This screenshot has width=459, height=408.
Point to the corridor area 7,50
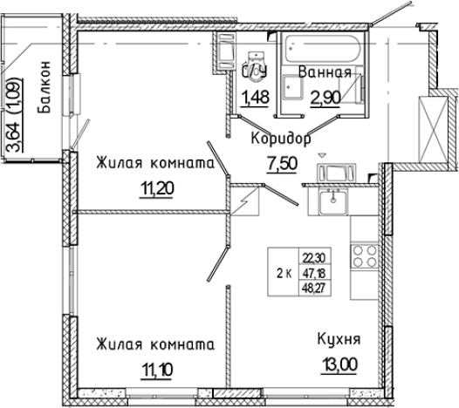click(280, 164)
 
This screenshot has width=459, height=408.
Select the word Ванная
click(325, 73)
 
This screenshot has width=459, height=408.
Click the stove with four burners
click(363, 259)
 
